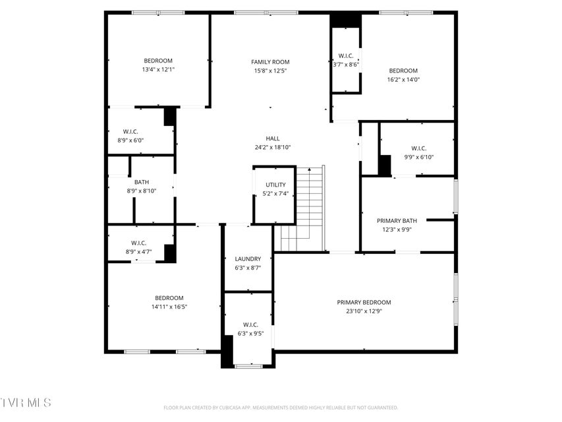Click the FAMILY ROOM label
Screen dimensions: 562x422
pyautogui.click(x=270, y=62)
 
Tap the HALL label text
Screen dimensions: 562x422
pyautogui.click(x=273, y=138)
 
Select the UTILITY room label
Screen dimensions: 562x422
pyautogui.click(x=275, y=185)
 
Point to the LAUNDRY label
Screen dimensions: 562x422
pyautogui.click(x=248, y=258)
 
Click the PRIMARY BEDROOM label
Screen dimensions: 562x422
pyautogui.click(x=364, y=303)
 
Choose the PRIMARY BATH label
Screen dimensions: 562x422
pyautogui.click(x=397, y=221)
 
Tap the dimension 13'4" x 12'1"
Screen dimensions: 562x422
pyautogui.click(x=158, y=70)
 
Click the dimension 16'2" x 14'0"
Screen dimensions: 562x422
pyautogui.click(x=403, y=80)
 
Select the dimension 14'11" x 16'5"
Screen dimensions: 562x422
pyautogui.click(x=169, y=307)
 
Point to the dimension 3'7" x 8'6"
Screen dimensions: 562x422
pyautogui.click(x=346, y=65)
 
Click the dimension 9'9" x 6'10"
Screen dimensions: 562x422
pyautogui.click(x=418, y=157)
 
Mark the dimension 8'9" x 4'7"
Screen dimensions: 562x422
pyautogui.click(x=139, y=252)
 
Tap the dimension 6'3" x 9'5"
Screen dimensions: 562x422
pyautogui.click(x=250, y=334)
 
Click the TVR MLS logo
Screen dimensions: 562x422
pyautogui.click(x=26, y=403)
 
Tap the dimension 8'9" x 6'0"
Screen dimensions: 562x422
pyautogui.click(x=130, y=140)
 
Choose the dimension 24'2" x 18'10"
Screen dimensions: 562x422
pyautogui.click(x=273, y=148)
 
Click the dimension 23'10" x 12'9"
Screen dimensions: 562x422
pyautogui.click(x=364, y=311)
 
